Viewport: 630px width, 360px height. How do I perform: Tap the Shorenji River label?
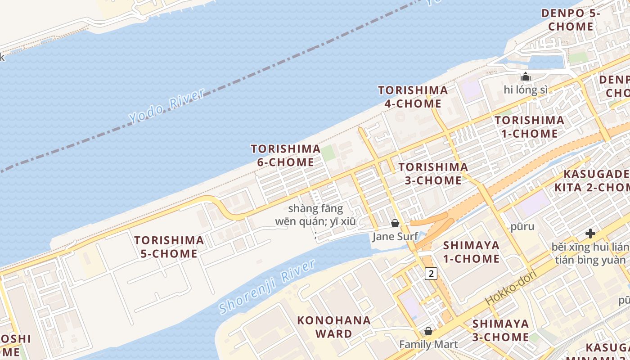pos(267,287)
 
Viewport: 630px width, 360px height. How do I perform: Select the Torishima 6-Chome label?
pos(285,155)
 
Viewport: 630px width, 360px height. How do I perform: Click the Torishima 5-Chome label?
pos(169,247)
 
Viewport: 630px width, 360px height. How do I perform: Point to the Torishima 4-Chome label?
pos(413,97)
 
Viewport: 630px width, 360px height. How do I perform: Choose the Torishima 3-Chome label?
pos(433,174)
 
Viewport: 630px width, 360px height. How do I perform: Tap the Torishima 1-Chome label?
pos(529,127)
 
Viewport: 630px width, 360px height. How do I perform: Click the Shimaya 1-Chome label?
pos(471,252)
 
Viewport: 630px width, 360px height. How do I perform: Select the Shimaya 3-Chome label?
pos(500,330)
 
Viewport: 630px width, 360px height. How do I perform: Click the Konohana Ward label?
pos(334,327)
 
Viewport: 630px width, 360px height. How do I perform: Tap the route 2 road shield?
pos(431,273)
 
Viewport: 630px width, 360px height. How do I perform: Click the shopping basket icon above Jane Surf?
pos(395,223)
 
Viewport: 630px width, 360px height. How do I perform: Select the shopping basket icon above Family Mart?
pos(428,331)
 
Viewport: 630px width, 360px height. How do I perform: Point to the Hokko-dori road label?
pos(512,288)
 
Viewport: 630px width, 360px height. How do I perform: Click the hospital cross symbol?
pos(590,234)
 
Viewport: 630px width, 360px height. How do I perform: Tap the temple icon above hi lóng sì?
pos(525,76)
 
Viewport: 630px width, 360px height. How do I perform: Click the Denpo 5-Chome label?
pos(571,20)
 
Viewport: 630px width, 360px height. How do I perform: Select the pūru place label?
pos(522,226)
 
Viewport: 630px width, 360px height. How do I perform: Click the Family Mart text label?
pos(428,345)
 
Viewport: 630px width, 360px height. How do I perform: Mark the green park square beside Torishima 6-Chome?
pos(328,153)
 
